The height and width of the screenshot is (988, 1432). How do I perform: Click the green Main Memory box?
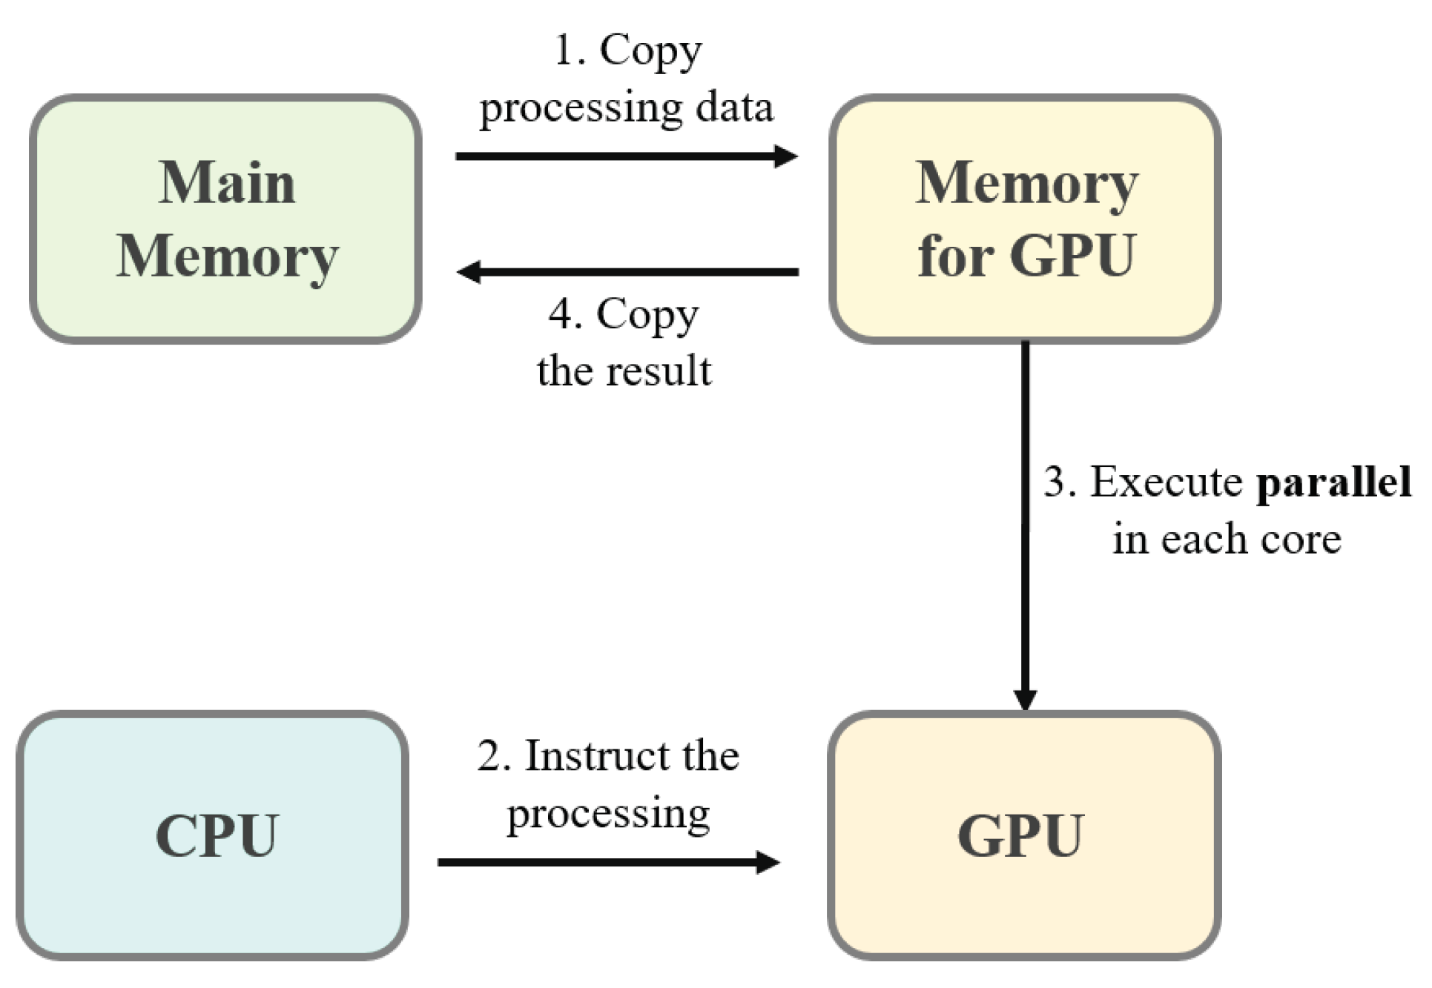(x=226, y=219)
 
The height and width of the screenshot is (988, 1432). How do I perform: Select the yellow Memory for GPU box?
(x=1026, y=219)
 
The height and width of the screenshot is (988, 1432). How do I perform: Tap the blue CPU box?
(x=213, y=835)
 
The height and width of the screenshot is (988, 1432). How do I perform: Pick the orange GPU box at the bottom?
(x=1025, y=835)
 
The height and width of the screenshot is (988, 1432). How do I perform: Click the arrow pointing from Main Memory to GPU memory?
(x=627, y=156)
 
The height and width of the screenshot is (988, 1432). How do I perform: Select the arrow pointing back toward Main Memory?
(x=627, y=272)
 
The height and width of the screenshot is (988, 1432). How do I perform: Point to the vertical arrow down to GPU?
(x=1026, y=526)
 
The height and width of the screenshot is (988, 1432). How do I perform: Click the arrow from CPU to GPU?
(x=609, y=862)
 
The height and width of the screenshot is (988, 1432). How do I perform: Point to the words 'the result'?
(x=624, y=371)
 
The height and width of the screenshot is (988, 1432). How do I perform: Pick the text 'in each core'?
(x=1227, y=539)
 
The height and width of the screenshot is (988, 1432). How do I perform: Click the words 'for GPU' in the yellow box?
(x=1026, y=256)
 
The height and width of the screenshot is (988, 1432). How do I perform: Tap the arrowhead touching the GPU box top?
(x=1026, y=699)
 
